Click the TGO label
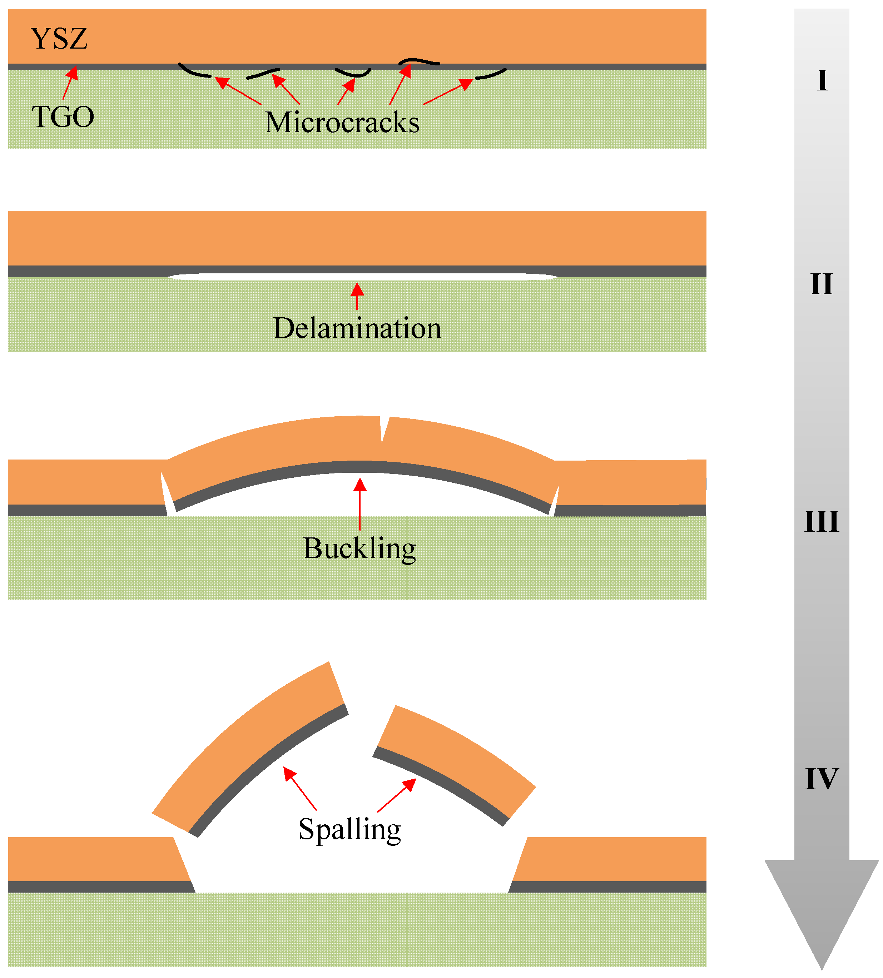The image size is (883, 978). [63, 117]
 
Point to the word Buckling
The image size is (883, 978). [359, 548]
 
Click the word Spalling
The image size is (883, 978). [349, 829]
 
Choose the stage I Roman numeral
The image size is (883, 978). [822, 80]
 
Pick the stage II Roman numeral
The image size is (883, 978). [822, 284]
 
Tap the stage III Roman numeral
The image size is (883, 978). [822, 522]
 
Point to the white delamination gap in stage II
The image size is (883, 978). [361, 277]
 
